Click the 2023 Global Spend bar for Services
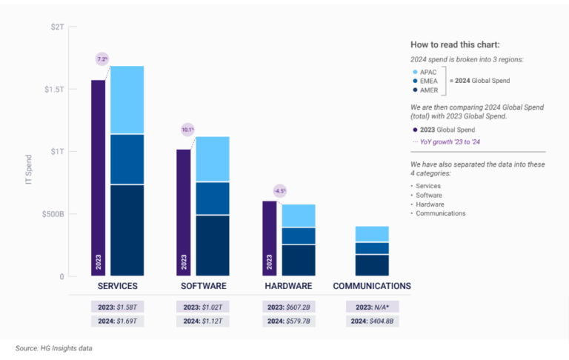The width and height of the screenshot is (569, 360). click(99, 178)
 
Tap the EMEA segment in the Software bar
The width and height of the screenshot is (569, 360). click(212, 198)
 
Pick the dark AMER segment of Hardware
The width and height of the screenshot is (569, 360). click(298, 260)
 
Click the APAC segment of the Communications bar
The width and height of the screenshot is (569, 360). click(372, 234)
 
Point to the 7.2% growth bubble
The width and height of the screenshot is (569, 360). click(102, 59)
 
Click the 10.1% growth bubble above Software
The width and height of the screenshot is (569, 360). click(187, 130)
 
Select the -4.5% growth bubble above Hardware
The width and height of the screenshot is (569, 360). click(279, 190)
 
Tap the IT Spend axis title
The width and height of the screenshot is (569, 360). click(29, 169)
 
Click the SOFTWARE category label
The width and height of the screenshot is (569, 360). click(204, 286)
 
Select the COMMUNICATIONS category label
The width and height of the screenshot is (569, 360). click(372, 286)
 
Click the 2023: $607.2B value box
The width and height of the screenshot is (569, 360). click(288, 307)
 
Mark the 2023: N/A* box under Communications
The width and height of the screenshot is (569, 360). click(372, 307)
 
